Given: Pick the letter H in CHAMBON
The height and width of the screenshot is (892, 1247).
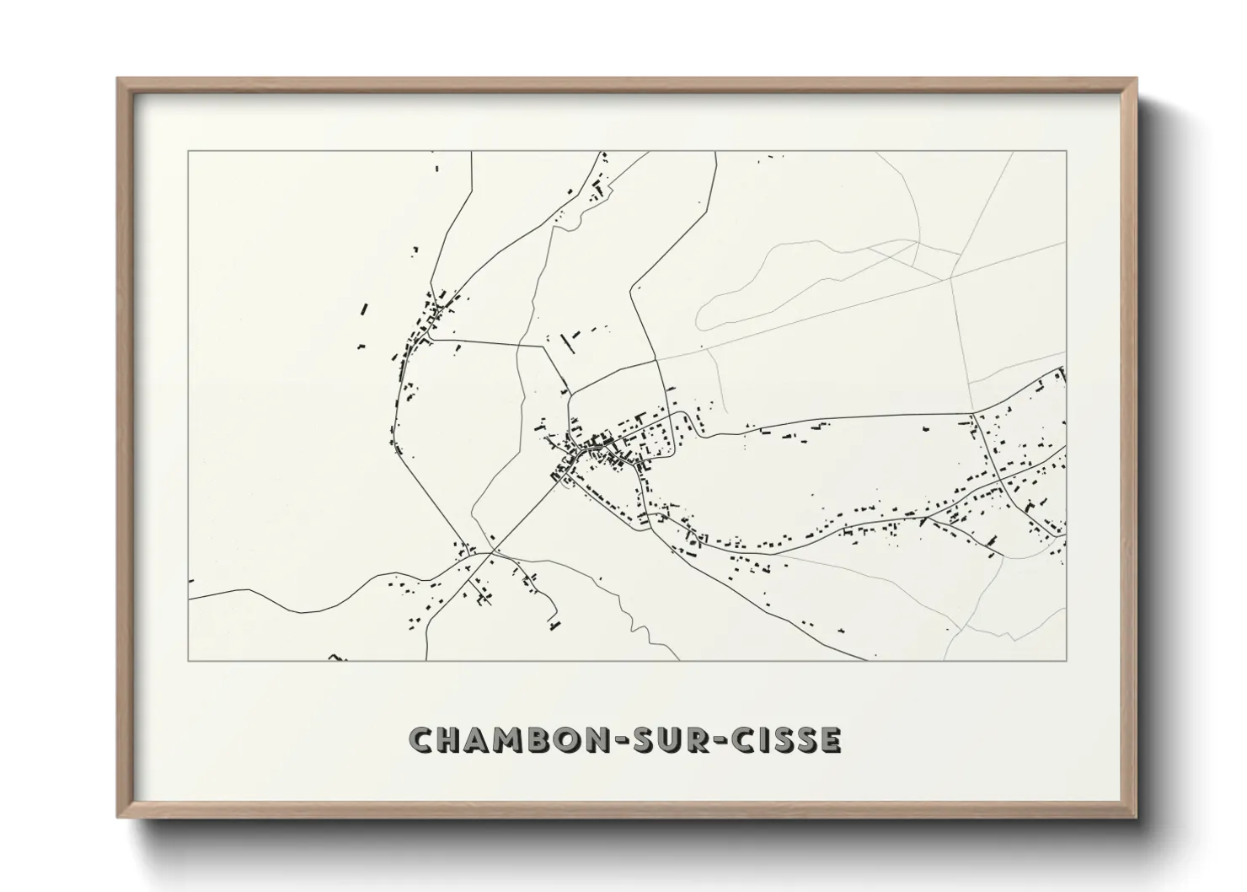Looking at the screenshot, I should point(452,739).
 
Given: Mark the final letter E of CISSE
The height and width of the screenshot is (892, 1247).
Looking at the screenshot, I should point(830,739).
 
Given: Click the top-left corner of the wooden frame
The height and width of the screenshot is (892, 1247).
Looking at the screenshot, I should point(118,79).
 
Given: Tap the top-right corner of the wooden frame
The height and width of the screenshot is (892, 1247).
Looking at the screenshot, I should point(1136,79).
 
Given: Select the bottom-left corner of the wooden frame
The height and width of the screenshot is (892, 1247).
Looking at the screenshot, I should point(118,816).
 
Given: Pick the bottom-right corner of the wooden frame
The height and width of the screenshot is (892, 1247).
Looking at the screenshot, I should point(1136,816).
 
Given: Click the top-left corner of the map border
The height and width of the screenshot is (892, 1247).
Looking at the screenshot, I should point(188,152).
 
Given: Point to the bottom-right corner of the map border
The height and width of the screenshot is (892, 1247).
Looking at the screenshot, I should point(1067,660).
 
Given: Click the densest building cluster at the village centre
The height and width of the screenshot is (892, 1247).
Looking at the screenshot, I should point(600,443).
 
